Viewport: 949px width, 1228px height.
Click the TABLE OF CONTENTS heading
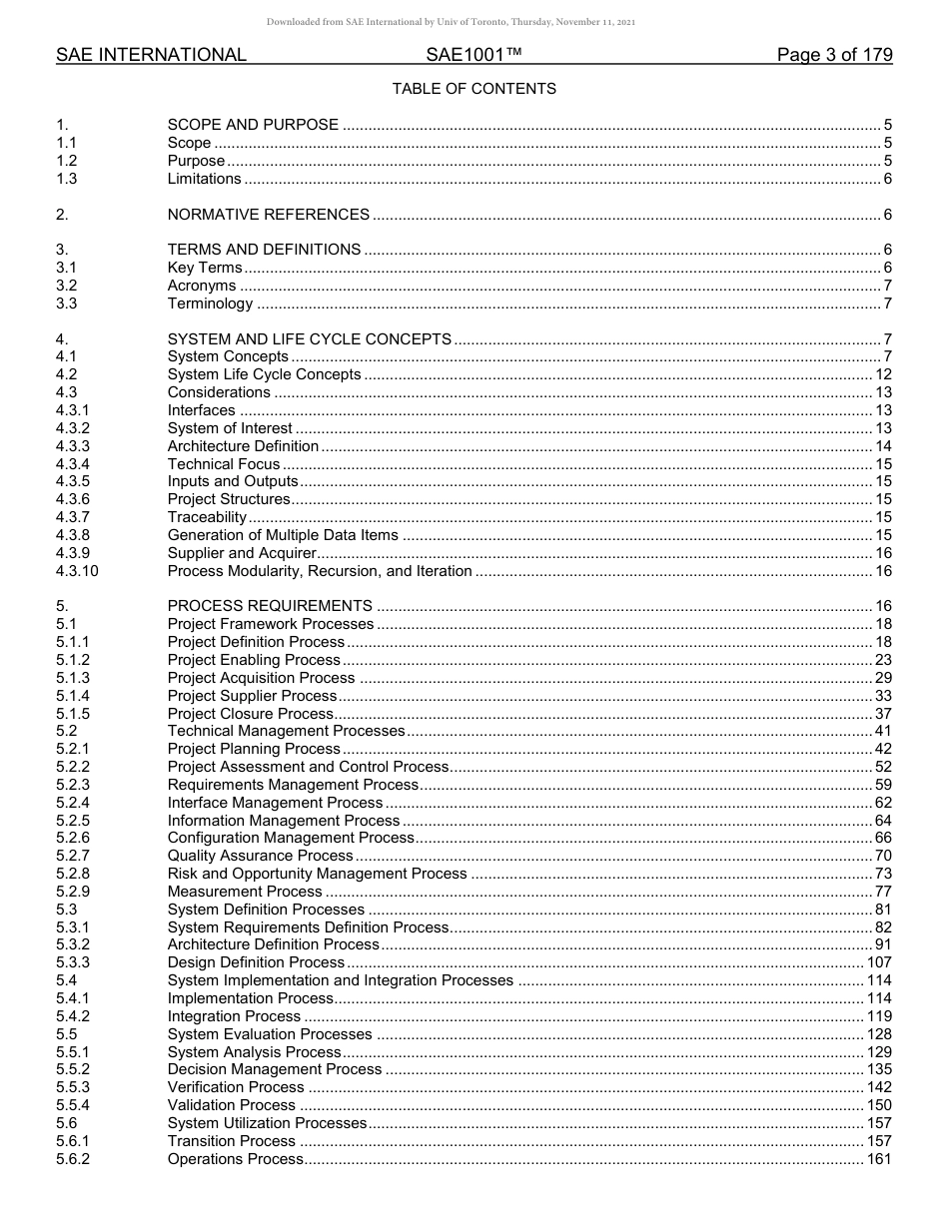point(474,89)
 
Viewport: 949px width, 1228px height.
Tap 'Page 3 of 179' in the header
point(834,55)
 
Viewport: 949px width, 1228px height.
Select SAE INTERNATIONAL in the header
point(151,55)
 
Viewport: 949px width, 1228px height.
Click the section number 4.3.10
point(78,571)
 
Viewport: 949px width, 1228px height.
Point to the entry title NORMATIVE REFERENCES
point(268,215)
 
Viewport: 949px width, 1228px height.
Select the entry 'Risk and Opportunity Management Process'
point(317,874)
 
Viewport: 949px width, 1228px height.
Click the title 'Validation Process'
point(231,1105)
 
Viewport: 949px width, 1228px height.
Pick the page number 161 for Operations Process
point(879,1159)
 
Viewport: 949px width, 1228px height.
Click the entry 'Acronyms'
point(201,286)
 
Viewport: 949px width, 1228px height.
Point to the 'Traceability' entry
point(207,517)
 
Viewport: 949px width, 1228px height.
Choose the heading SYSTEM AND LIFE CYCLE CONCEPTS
point(309,339)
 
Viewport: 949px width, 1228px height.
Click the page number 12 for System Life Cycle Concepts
point(883,374)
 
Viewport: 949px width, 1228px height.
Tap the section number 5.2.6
point(73,838)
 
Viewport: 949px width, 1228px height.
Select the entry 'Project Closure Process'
point(250,714)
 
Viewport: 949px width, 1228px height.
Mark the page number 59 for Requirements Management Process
point(883,785)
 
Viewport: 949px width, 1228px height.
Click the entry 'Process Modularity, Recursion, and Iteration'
point(320,571)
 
